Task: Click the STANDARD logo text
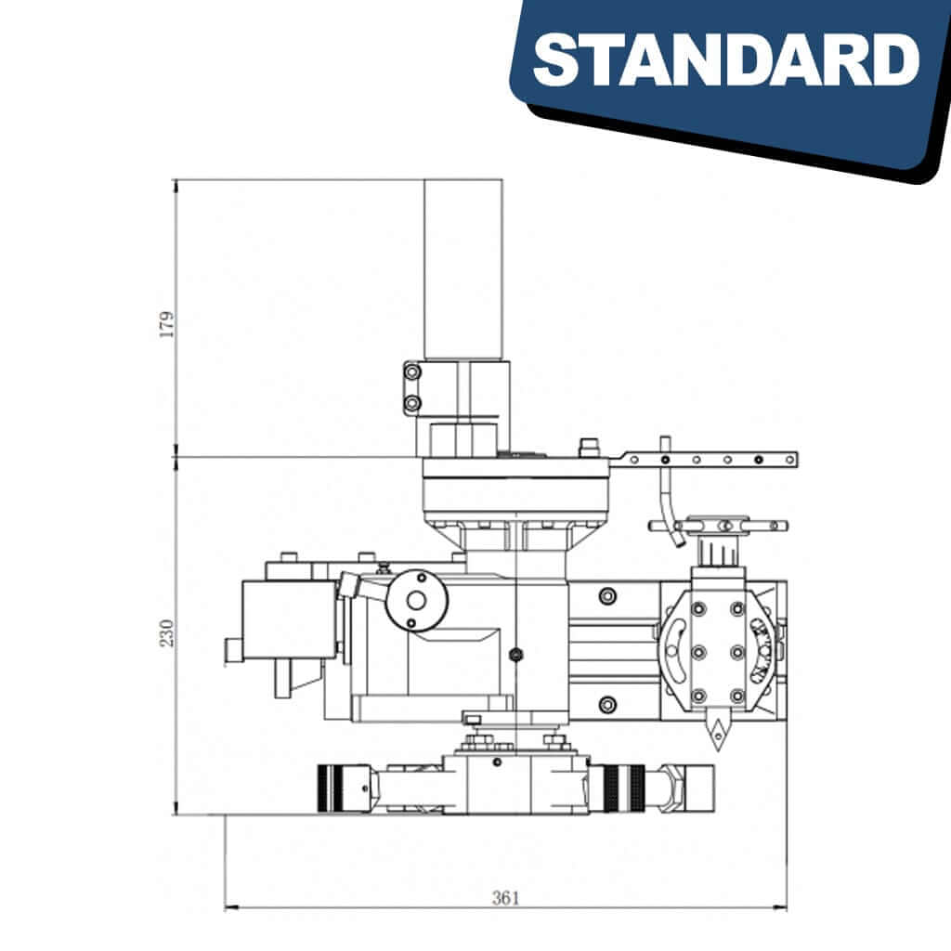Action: tap(726, 60)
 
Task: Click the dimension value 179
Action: tap(165, 324)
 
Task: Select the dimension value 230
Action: tap(165, 632)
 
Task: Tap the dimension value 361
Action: tap(506, 898)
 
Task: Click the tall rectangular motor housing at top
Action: tap(463, 269)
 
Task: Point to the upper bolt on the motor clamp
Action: tap(412, 371)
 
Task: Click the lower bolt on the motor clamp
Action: tap(412, 403)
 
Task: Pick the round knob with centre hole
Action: tap(417, 601)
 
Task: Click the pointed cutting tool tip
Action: tap(718, 730)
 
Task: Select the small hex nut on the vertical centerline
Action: tap(515, 654)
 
